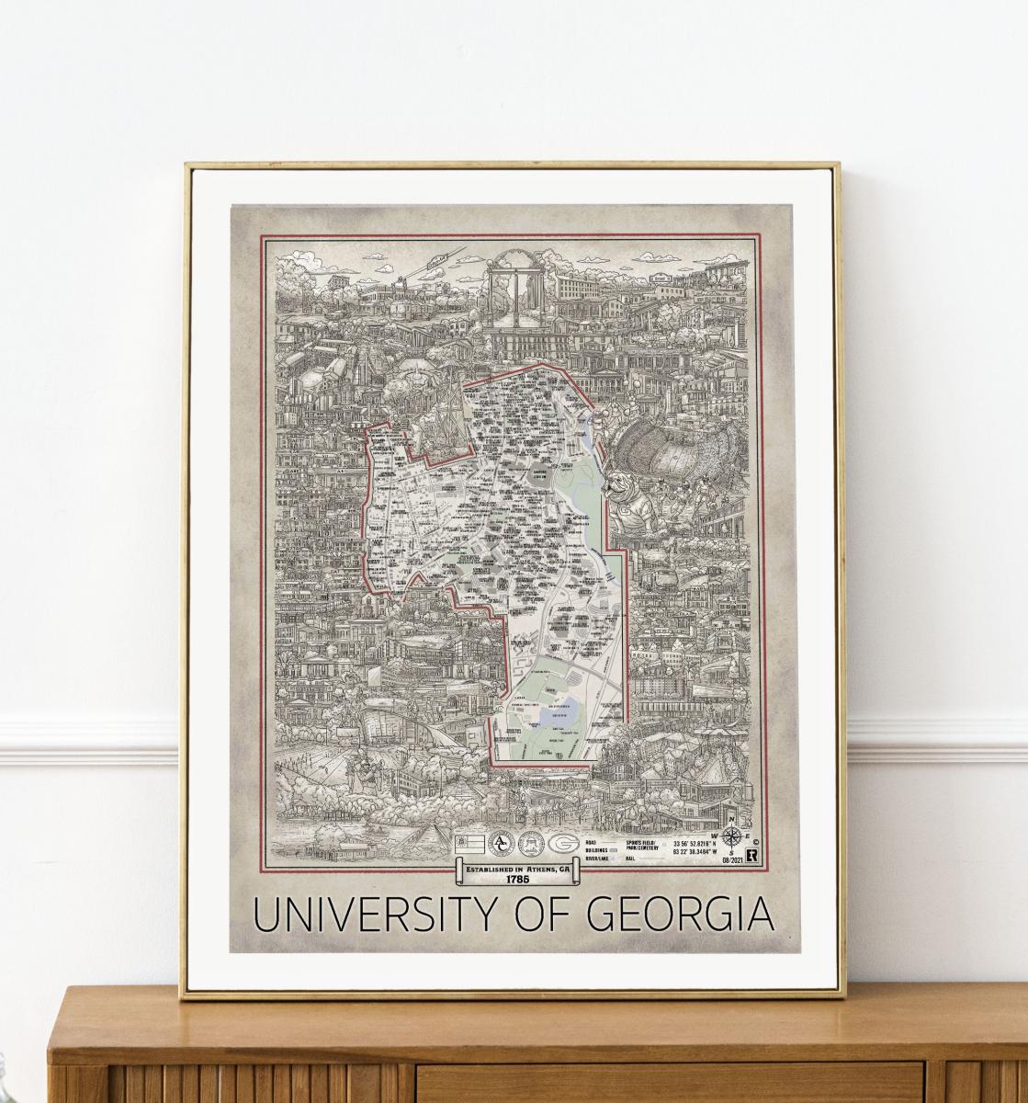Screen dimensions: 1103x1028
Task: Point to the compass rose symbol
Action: click(733, 836)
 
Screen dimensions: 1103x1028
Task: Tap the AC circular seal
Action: click(500, 844)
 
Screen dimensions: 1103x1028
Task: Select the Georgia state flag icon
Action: click(469, 844)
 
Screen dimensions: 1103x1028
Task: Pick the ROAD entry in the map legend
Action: click(595, 837)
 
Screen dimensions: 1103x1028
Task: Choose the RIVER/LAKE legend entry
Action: click(602, 857)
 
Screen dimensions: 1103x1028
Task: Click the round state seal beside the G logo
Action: click(534, 844)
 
